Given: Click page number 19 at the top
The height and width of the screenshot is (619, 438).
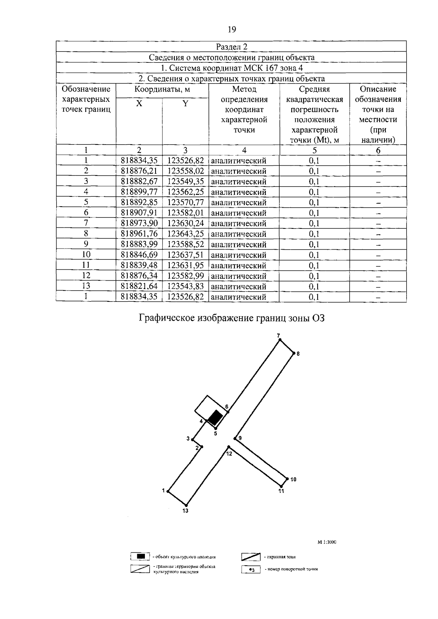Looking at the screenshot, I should point(232,30).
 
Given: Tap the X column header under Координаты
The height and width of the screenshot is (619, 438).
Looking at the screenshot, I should point(139,104).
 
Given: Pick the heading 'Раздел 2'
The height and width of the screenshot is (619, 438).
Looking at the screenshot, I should point(231,46).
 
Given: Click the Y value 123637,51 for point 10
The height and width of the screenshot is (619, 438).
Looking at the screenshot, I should point(185,255).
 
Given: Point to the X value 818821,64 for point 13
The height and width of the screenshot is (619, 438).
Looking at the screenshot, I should point(139,286).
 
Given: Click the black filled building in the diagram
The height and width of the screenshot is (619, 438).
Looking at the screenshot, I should point(215,417).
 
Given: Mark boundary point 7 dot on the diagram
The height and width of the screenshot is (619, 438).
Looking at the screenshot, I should point(280,340).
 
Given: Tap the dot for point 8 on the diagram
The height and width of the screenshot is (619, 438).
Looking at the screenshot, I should point(294,353).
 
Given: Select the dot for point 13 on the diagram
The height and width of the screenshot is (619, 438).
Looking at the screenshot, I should point(187,505).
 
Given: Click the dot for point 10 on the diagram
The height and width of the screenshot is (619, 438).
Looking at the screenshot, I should point(287,478).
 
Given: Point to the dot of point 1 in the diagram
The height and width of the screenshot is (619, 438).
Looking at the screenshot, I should point(168,491).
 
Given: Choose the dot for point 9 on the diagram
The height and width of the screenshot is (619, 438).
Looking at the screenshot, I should point(235,438).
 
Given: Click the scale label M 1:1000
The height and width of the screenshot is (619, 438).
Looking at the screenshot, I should point(327,542).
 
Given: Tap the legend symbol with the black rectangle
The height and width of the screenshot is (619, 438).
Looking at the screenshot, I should point(141,557).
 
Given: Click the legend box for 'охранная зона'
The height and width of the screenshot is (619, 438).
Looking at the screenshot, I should point(250,557).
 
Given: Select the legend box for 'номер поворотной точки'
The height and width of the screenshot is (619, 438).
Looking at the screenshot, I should point(250,569).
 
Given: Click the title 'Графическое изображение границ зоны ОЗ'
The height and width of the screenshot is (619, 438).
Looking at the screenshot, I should point(231,318).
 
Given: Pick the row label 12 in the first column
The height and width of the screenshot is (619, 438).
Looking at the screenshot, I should point(86,276).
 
